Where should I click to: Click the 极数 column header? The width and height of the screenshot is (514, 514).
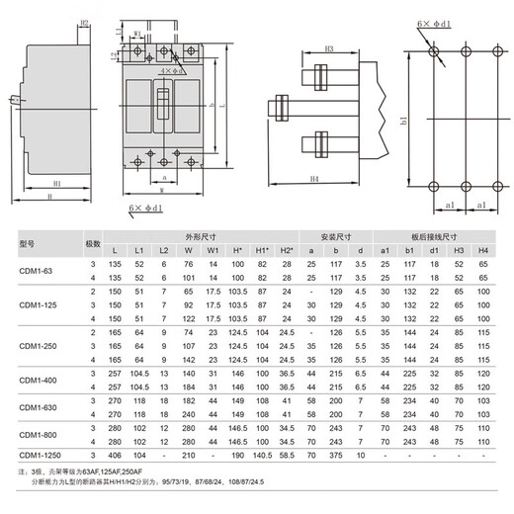click(x=93, y=243)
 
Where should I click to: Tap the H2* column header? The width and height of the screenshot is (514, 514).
click(x=287, y=250)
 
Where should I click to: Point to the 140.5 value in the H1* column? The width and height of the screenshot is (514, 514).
click(x=263, y=454)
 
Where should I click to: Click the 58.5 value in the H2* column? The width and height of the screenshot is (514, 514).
click(x=287, y=454)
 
